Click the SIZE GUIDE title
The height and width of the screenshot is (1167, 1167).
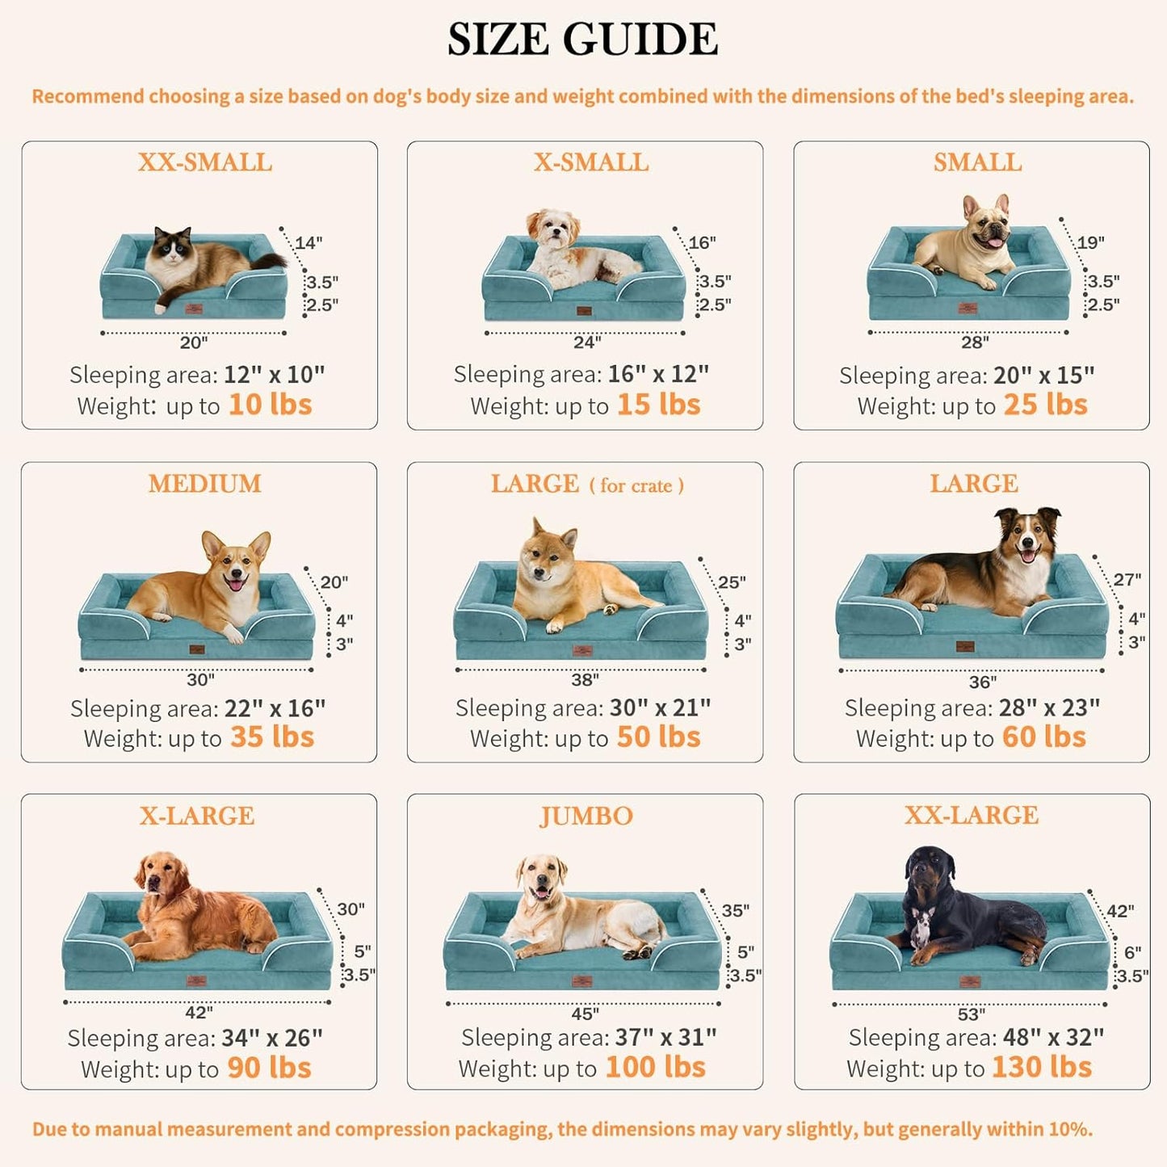point(582,40)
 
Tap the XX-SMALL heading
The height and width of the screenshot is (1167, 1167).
point(204,162)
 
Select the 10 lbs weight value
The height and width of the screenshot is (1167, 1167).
point(270,405)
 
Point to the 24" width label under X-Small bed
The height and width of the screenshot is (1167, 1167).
point(586,342)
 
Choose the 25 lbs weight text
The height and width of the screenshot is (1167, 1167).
point(1045,405)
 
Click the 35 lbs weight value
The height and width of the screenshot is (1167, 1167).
point(272,737)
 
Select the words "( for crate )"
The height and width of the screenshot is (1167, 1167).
point(636,485)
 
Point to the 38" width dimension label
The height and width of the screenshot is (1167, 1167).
point(585,680)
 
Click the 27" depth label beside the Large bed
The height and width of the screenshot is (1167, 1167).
point(1127,580)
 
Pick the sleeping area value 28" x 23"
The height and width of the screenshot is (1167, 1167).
point(1049,707)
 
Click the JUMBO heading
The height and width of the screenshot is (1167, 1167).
point(586,816)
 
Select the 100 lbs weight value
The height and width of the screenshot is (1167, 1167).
point(655,1068)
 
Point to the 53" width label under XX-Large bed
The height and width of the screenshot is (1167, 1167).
point(971,1014)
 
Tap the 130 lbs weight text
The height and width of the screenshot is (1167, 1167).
point(1041,1068)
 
